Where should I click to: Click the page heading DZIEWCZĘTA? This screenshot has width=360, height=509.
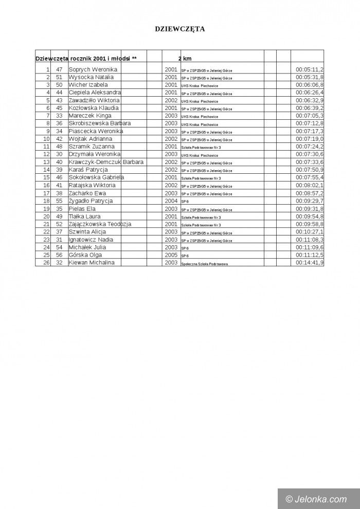click(x=180, y=29)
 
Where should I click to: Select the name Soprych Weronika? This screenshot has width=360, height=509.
click(x=93, y=69)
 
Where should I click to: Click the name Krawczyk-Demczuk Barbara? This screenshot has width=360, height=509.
click(x=106, y=162)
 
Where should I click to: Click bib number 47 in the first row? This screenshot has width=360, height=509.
click(x=59, y=69)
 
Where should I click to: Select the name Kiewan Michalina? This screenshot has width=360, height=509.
click(x=92, y=263)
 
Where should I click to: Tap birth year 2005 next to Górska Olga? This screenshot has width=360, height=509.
click(x=171, y=255)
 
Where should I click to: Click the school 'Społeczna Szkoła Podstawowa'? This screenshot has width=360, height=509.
click(x=204, y=263)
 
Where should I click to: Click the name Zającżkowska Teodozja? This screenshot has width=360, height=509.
click(x=100, y=224)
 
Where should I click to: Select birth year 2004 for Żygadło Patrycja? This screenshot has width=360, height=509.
click(x=171, y=201)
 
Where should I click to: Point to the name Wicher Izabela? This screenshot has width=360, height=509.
click(x=88, y=85)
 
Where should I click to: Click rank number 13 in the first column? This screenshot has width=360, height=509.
click(x=46, y=162)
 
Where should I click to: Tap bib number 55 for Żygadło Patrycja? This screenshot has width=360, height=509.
click(x=59, y=201)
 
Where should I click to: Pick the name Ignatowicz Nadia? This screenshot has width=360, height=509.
click(x=91, y=240)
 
